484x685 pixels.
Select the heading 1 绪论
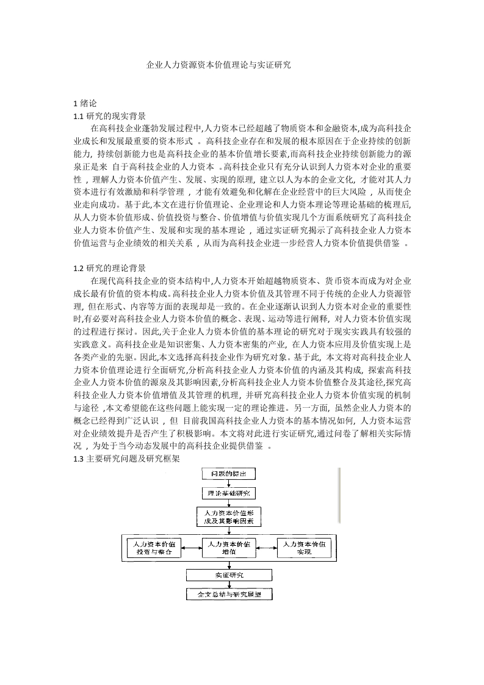pos(85,104)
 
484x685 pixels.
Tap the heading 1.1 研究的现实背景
pos(109,116)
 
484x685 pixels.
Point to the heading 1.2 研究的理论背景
pos(109,268)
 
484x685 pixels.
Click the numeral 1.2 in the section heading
pos(78,268)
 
